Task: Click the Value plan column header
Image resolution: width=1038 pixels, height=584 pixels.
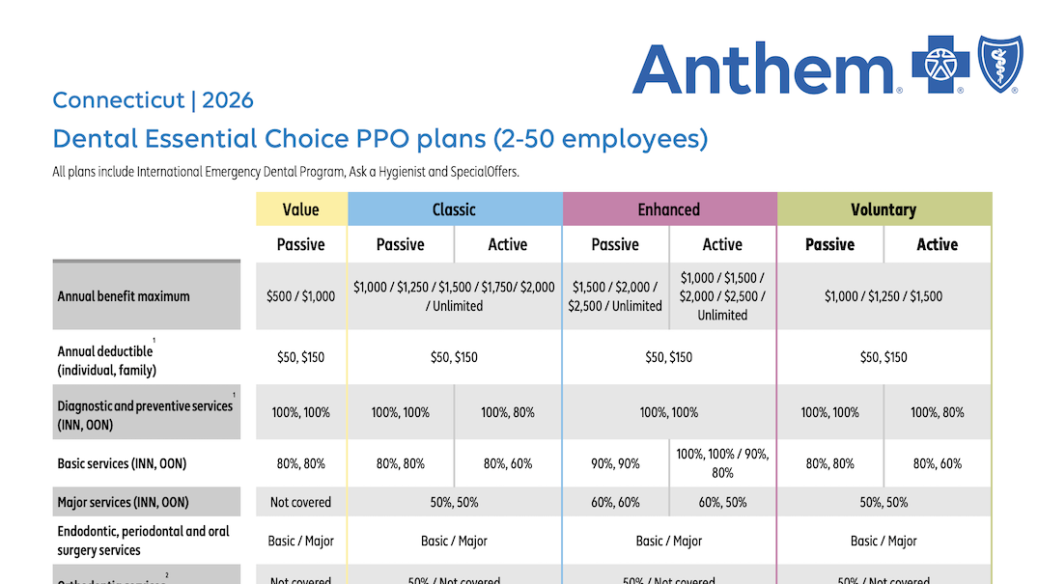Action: point(300,209)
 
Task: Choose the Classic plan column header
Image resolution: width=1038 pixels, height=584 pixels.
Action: point(454,209)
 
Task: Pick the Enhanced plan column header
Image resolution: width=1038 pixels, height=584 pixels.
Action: point(668,209)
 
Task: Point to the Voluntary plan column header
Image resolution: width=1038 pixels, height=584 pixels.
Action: point(884,209)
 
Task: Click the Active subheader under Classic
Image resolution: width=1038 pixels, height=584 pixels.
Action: point(508,245)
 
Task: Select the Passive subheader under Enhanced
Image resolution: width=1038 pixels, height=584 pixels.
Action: point(615,245)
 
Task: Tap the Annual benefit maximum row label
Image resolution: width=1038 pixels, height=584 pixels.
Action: point(124,296)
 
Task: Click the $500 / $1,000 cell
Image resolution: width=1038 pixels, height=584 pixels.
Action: point(300,296)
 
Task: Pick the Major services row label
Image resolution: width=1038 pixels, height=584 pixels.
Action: point(123,502)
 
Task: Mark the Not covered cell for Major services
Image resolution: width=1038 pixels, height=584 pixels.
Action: point(300,502)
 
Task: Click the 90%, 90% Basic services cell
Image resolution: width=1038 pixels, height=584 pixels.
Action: point(615,463)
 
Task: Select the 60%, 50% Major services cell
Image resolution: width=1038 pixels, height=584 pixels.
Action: point(722,502)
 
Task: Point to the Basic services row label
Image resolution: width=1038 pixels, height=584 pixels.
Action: point(122,463)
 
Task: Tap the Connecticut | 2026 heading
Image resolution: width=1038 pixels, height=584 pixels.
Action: point(153,100)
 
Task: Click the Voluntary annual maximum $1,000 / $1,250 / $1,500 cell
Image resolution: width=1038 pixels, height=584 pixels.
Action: point(884,296)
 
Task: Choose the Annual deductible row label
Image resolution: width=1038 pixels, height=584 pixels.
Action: point(106,360)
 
